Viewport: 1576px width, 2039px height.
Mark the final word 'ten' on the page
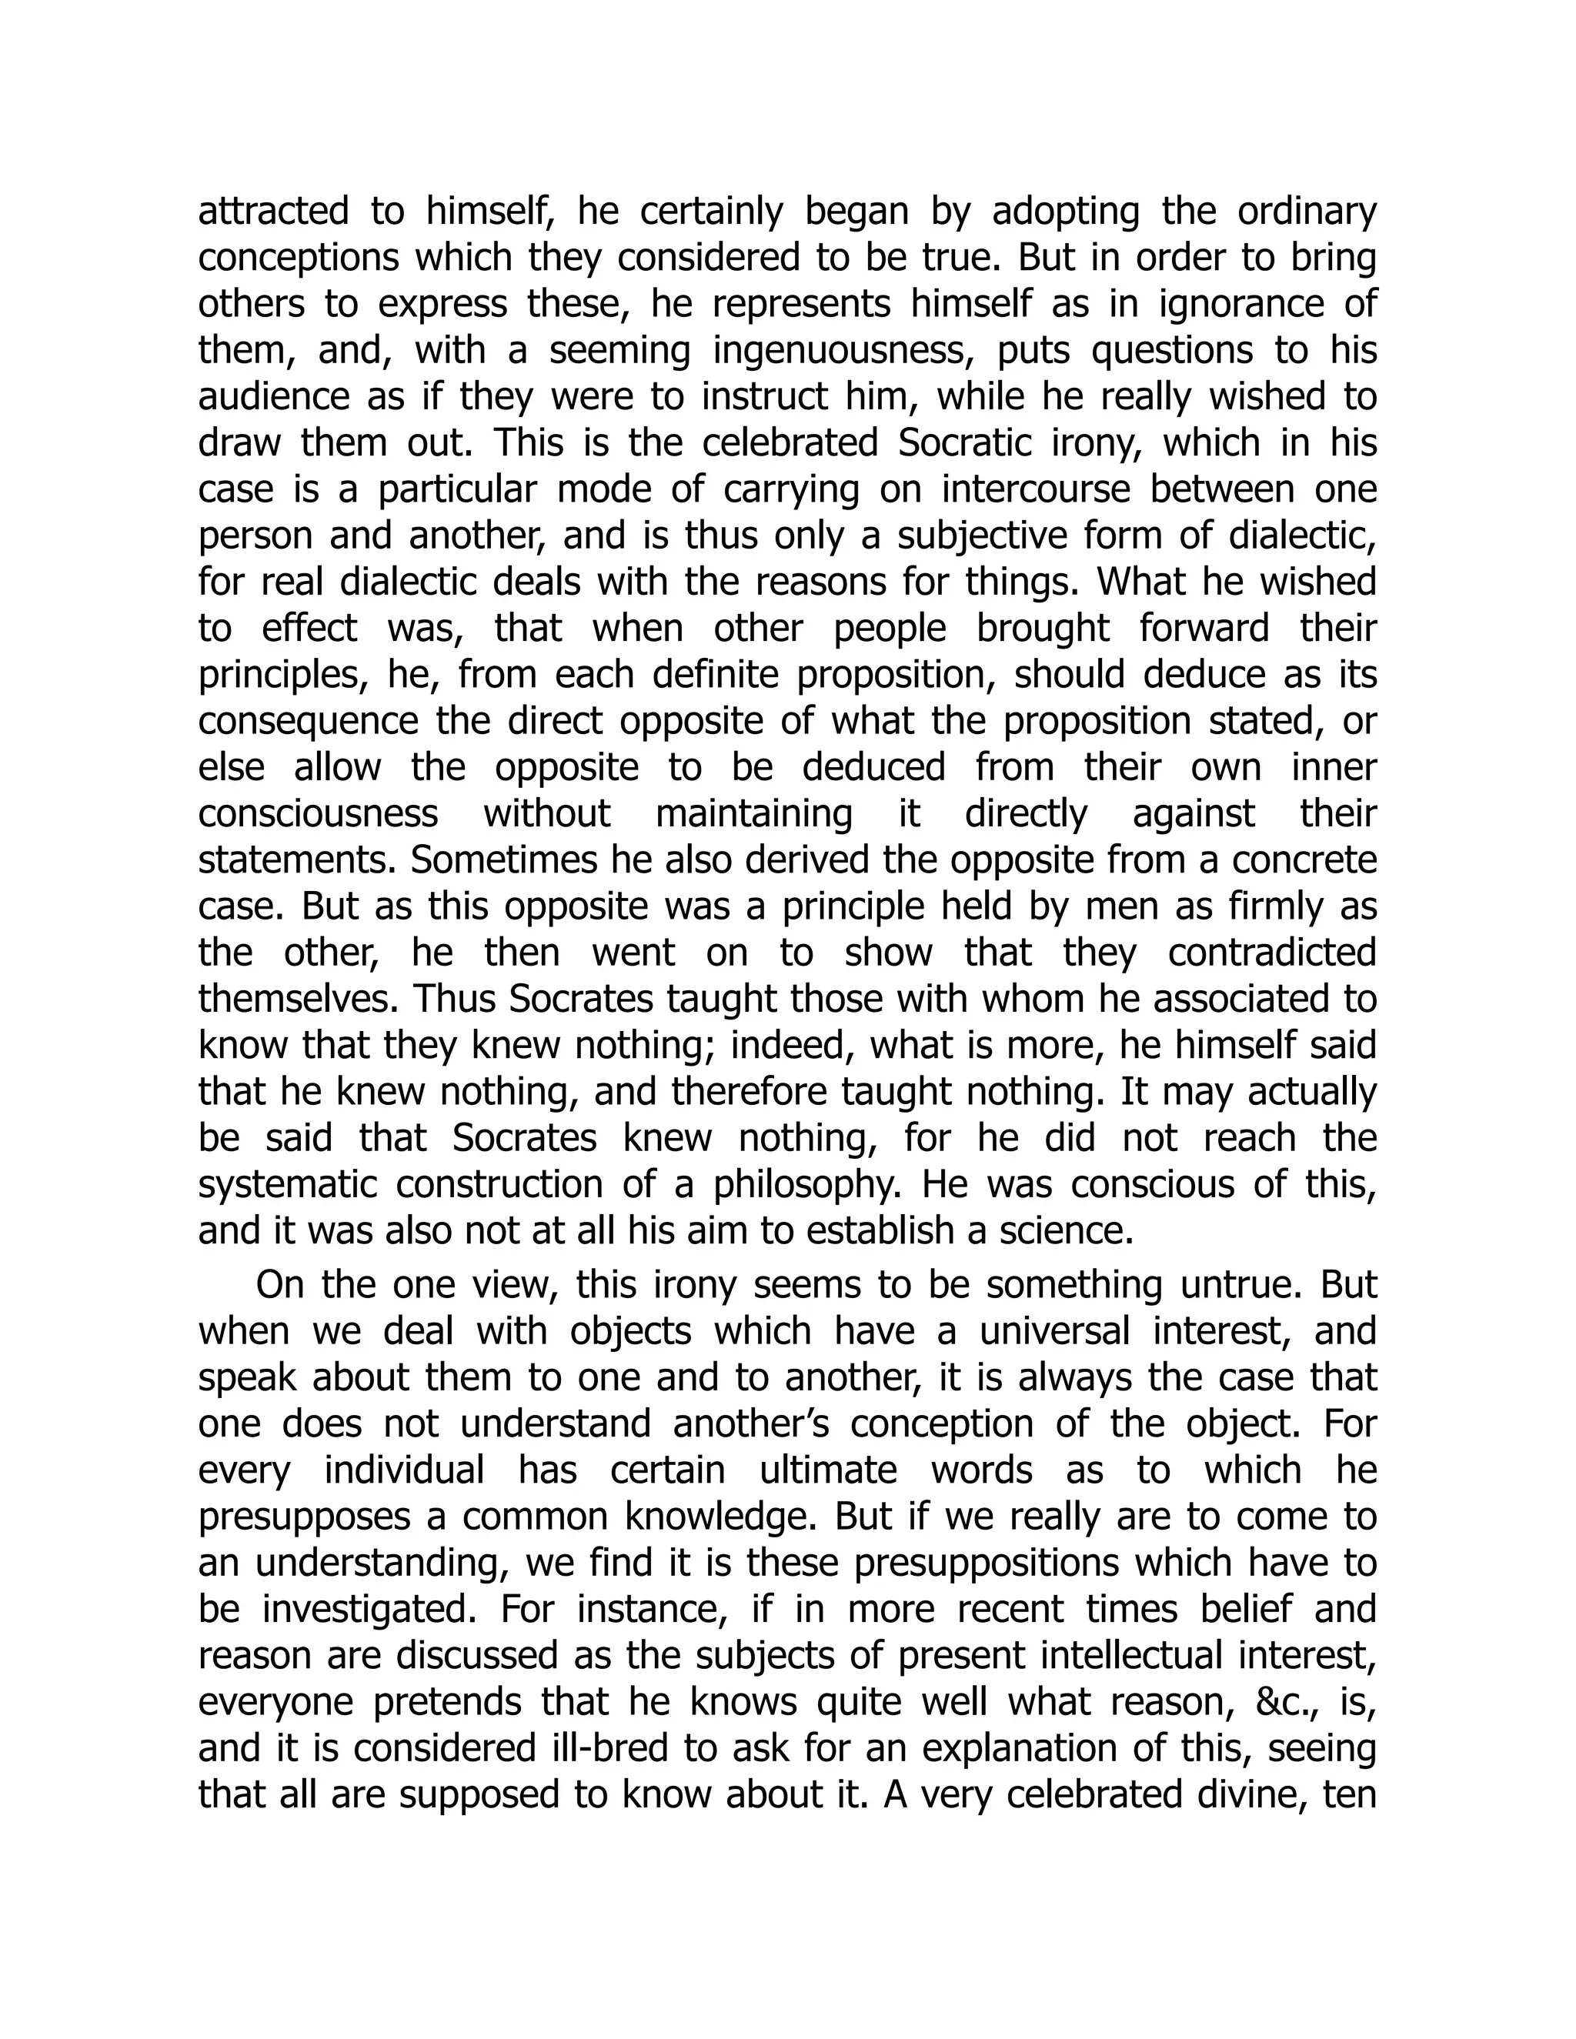coord(1350,1794)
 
